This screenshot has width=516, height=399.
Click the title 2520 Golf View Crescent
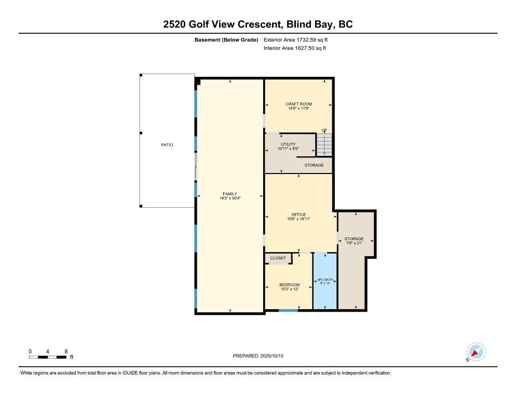pos(222,24)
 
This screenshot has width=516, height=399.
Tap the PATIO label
pos(167,144)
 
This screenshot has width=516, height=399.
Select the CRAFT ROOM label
pos(299,104)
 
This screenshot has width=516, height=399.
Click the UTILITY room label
pos(288,144)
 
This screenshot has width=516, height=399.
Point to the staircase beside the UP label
pos(324,144)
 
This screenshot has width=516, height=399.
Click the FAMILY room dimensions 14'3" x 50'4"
pos(230,198)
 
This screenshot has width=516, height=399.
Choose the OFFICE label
pos(298,215)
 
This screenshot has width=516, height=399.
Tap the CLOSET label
pos(278,258)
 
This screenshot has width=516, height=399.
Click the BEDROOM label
pos(290,285)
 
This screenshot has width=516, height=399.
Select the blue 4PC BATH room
pos(325,281)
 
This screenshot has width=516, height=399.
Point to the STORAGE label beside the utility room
pos(314,165)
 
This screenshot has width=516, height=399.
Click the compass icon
pos(476,352)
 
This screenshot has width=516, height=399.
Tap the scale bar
pos(48,357)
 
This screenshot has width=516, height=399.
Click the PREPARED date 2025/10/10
pos(272,356)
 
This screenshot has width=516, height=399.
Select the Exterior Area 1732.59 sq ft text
pos(295,40)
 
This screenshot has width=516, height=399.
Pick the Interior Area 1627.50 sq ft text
pos(295,48)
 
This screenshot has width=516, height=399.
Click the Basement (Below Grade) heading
pos(226,40)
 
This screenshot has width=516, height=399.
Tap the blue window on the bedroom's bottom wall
pos(288,310)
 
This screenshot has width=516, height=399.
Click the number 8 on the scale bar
pos(66,352)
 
